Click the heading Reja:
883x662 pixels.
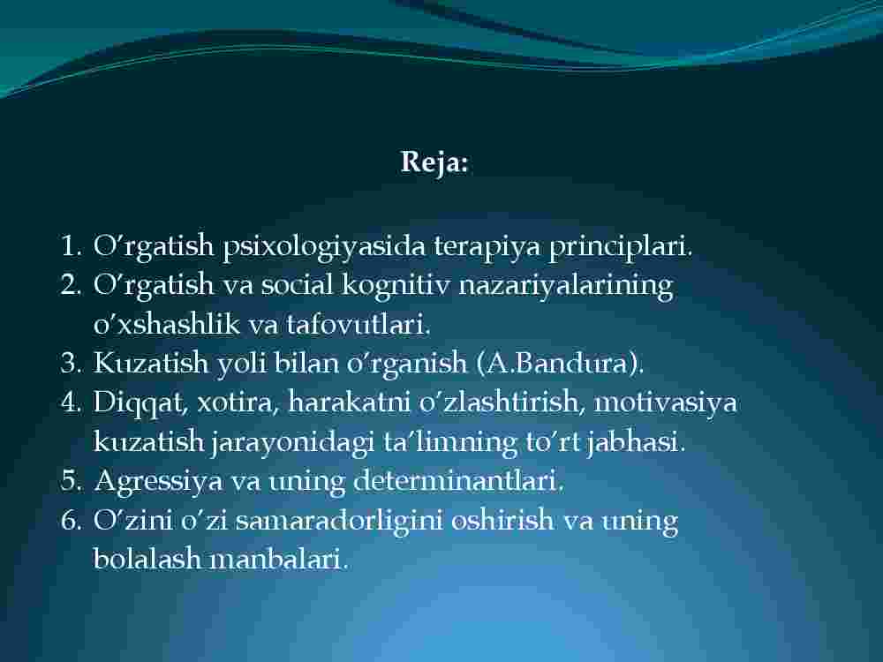[x=434, y=163]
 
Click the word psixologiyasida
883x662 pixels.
[x=324, y=246]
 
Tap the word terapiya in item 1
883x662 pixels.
[x=487, y=246]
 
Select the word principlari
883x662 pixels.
[x=621, y=246]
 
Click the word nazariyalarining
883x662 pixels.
[x=566, y=285]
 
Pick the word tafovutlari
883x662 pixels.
[x=358, y=324]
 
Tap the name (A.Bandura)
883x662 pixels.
[x=561, y=364]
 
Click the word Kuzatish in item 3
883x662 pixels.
[x=150, y=363]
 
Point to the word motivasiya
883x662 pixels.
[x=665, y=403]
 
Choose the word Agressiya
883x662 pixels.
[x=159, y=482]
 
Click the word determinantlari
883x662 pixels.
[x=458, y=481]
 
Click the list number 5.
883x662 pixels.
[x=71, y=481]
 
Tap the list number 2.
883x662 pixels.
[x=71, y=285]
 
